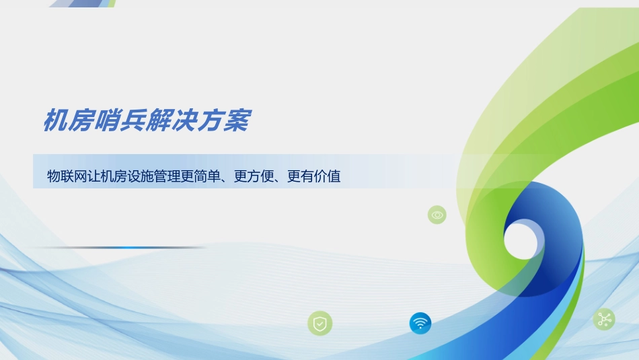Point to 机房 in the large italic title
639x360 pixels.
pos(59,121)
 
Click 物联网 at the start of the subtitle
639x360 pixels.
pos(68,177)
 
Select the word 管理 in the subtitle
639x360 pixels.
pos(170,177)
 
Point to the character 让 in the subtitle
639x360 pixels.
pos(98,177)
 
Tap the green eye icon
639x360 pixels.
pos(437,215)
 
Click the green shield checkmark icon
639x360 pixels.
pos(320,324)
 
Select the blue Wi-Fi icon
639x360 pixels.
pos(420,323)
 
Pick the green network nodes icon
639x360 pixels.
pos(603,319)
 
